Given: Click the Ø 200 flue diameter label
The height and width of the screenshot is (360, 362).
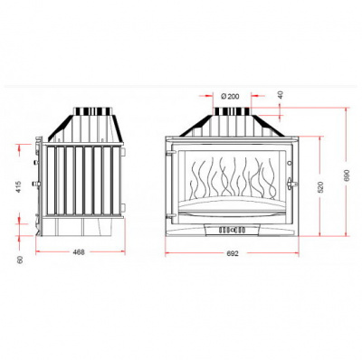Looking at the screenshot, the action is [230, 96].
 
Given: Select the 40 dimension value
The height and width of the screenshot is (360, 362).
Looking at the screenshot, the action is [281, 95].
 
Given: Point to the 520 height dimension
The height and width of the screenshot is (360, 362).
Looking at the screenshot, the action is [320, 187].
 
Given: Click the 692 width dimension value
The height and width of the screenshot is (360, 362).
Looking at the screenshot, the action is [232, 253].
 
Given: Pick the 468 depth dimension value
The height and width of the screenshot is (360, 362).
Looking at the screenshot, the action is [79, 251].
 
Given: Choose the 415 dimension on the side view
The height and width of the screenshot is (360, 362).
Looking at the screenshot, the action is [20, 187].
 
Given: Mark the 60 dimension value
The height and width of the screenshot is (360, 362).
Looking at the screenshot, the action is [20, 260].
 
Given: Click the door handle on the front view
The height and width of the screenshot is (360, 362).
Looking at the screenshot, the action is [291, 183].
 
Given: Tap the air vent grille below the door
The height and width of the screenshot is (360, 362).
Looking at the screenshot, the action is [232, 231].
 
